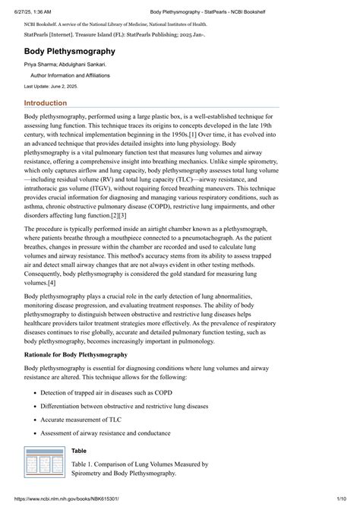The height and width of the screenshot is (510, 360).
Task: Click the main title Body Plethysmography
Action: pos(70,52)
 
